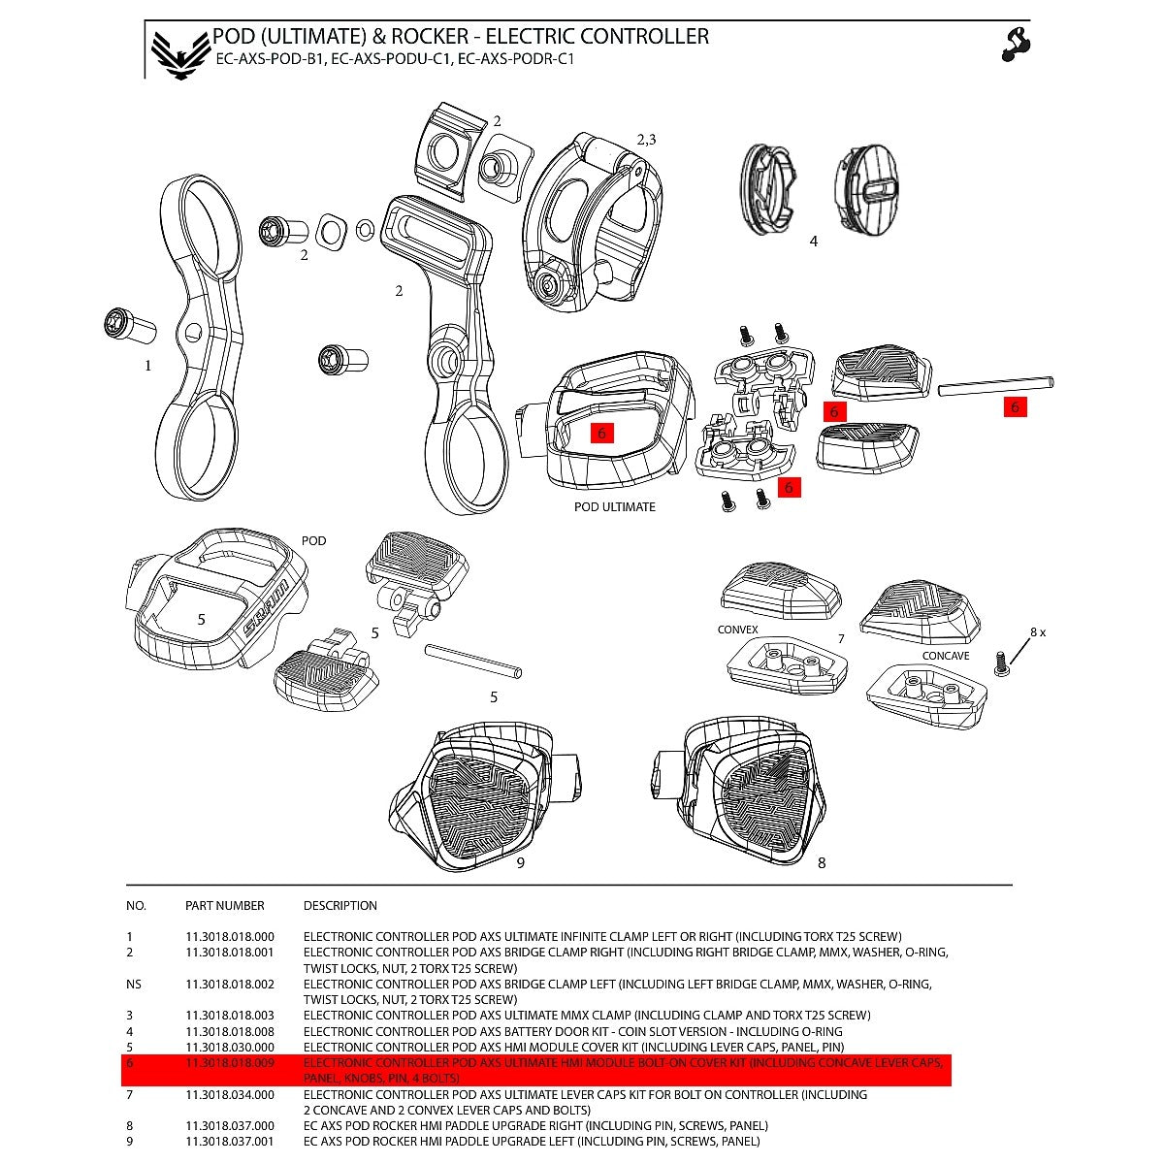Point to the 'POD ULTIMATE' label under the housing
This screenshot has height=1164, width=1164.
[x=614, y=507]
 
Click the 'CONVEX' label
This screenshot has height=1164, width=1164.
[x=737, y=630]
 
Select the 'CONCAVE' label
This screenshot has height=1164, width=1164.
[x=945, y=656]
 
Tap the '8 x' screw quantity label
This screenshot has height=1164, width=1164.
[x=1037, y=632]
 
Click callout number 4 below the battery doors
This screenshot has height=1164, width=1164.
[x=813, y=242]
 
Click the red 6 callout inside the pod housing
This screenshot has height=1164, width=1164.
[x=601, y=434]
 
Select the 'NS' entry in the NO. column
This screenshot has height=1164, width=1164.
[x=134, y=985]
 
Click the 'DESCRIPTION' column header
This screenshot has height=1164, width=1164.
[x=339, y=906]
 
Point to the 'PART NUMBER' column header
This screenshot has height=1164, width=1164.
[x=224, y=906]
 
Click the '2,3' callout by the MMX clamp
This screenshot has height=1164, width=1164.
[x=646, y=140]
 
